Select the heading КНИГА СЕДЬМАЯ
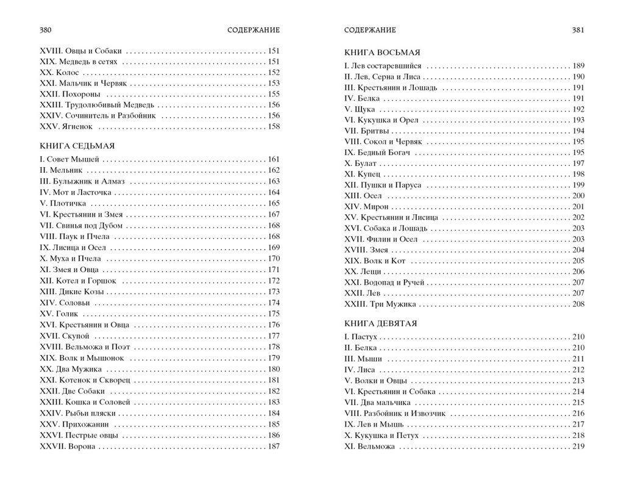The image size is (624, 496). tap(77, 146)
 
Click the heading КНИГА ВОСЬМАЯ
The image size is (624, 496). tap(382, 52)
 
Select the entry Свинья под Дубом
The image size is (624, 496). tap(87, 225)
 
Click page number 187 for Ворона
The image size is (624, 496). tap(274, 446)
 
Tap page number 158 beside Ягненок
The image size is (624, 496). tap(274, 127)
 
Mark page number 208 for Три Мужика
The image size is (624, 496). tap(578, 304)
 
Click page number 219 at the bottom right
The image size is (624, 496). tap(578, 446)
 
